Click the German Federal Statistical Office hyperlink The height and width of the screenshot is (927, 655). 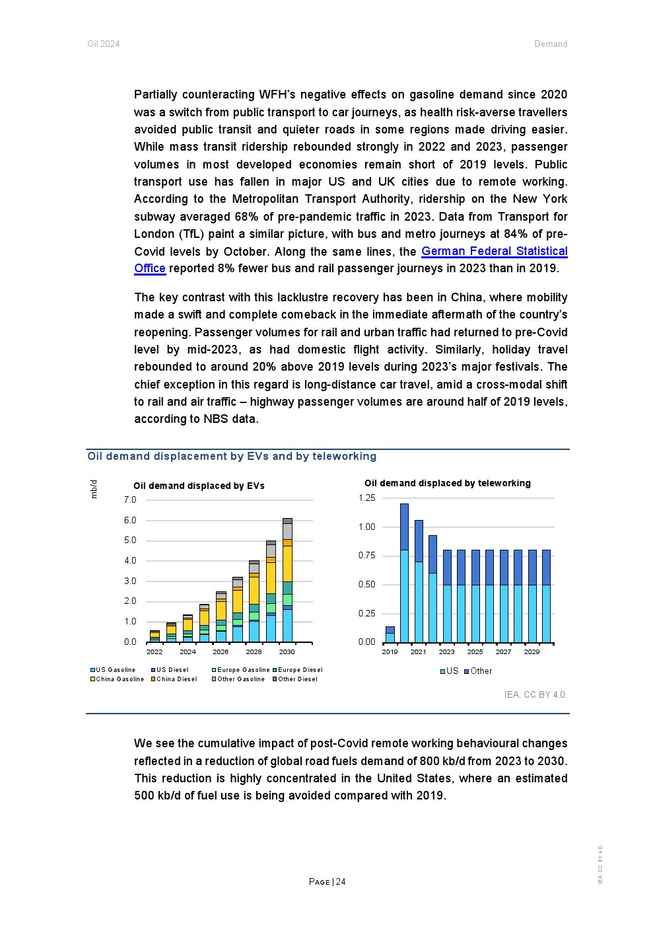(x=494, y=251)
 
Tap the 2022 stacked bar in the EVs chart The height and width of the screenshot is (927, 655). (x=155, y=636)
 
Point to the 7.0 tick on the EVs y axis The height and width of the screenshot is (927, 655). (x=130, y=500)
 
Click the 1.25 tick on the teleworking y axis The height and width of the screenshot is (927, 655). (x=366, y=498)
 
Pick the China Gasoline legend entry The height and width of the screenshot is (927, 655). (x=117, y=679)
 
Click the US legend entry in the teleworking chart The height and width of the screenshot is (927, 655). (x=449, y=671)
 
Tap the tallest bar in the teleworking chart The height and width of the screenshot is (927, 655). (x=404, y=573)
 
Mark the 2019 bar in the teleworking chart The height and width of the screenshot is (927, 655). (x=390, y=635)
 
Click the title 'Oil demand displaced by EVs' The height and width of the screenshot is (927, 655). (x=199, y=486)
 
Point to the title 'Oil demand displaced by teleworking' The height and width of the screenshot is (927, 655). (x=447, y=484)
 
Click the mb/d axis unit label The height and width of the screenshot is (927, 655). (x=94, y=489)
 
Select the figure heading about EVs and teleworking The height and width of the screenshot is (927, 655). (x=232, y=457)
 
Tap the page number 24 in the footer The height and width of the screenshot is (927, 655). (x=327, y=882)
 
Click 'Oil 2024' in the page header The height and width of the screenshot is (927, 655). (x=104, y=44)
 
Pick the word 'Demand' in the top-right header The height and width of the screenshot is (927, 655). (x=551, y=44)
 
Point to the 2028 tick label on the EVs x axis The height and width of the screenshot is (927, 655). (x=254, y=652)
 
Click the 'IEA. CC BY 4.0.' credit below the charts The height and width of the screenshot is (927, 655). (x=535, y=695)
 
